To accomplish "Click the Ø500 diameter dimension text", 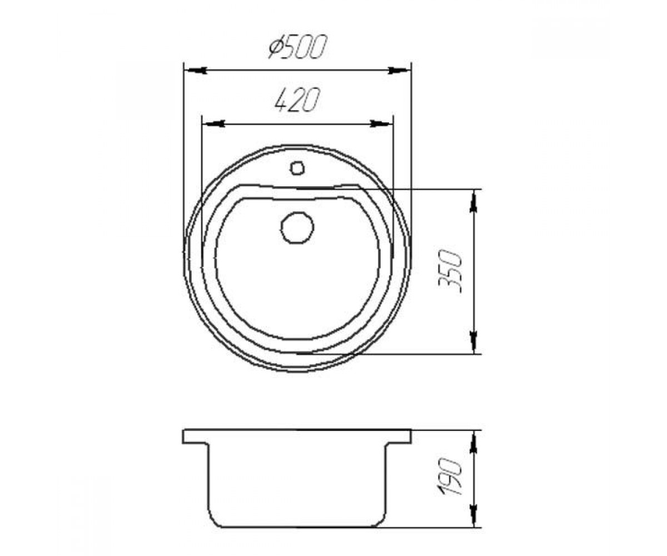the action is pyautogui.click(x=298, y=47).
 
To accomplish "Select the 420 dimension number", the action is pyautogui.click(x=297, y=100).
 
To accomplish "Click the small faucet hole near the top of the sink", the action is pyautogui.click(x=297, y=168).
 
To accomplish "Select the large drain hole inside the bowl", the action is pyautogui.click(x=297, y=227).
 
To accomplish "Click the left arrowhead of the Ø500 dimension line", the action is pyautogui.click(x=196, y=70).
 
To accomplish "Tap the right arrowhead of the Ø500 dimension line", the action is pyautogui.click(x=399, y=70).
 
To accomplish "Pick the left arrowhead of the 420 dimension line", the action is pyautogui.click(x=213, y=123).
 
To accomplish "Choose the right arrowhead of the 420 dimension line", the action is pyautogui.click(x=381, y=123).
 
